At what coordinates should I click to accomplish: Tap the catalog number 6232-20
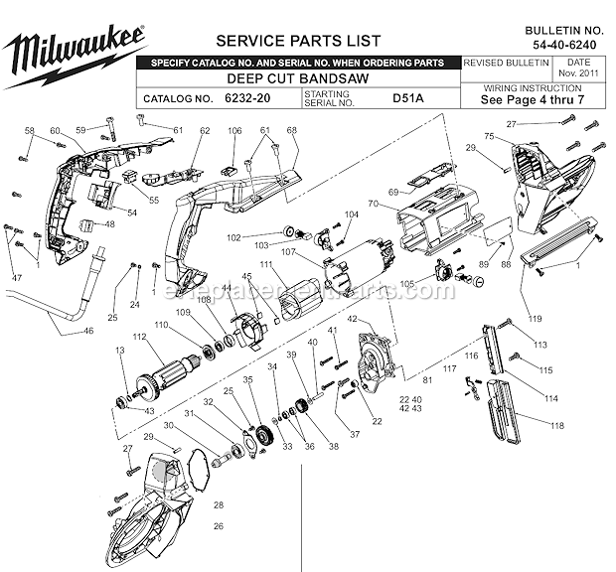point(246,99)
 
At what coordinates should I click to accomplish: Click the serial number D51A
point(406,99)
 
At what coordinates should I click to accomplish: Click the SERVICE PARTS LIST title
point(298,41)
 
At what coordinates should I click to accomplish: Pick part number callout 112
point(139,338)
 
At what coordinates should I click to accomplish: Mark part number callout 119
point(536,319)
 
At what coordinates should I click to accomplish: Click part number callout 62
point(205,131)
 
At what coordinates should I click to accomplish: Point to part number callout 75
point(489,136)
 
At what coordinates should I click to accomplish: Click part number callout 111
point(266,263)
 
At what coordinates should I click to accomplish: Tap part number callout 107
point(316,251)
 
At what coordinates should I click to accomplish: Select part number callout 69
point(392,192)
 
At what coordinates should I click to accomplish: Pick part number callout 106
point(234,131)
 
